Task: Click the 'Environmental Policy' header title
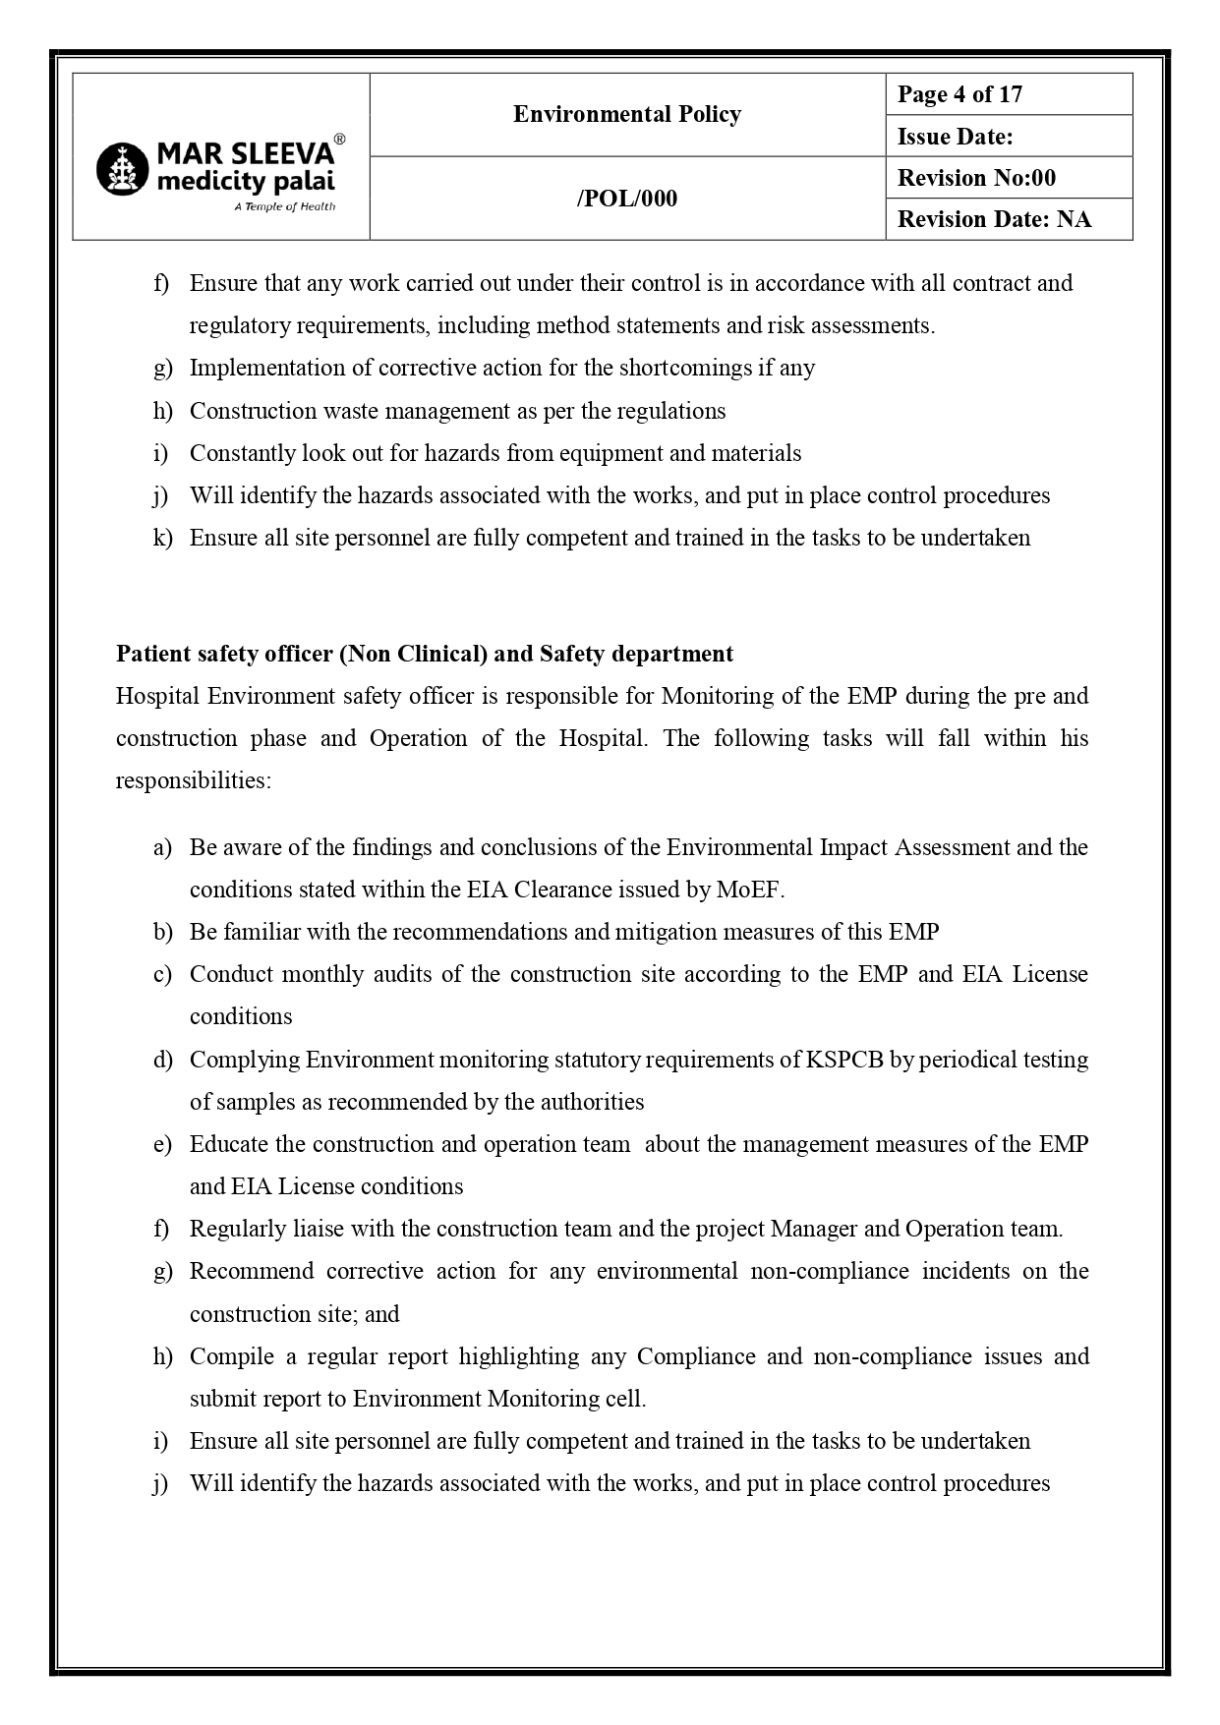626,114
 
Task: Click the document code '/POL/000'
626,199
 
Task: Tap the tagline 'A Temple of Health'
285,206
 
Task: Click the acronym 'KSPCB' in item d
844,1060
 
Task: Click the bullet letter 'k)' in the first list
162,538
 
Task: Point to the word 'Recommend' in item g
251,1271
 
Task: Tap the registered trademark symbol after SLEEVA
339,140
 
